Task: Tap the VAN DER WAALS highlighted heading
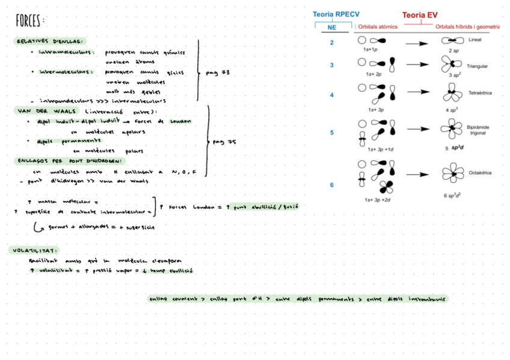click(x=39, y=111)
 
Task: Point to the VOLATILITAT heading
click(x=35, y=250)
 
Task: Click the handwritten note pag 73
click(x=217, y=73)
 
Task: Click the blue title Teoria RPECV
click(x=335, y=14)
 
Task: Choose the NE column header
click(x=332, y=27)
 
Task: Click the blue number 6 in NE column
click(x=331, y=185)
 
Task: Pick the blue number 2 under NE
click(x=331, y=43)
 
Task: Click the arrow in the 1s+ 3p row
click(x=416, y=94)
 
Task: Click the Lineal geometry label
click(x=475, y=40)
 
